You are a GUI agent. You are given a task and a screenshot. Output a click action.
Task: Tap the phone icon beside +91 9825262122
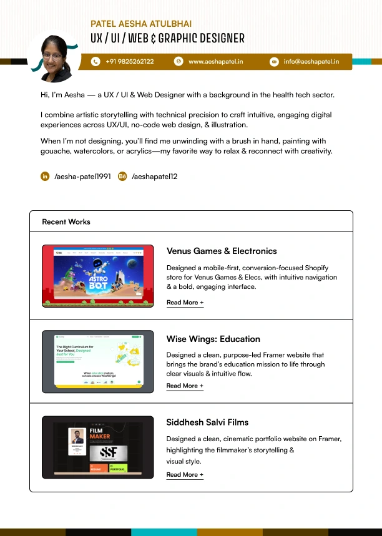tap(95, 62)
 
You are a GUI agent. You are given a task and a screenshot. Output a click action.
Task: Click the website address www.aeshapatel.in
tap(215, 62)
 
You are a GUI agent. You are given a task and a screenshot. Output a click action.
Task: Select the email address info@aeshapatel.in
tap(311, 62)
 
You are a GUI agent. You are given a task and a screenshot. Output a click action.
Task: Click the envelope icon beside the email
tap(274, 62)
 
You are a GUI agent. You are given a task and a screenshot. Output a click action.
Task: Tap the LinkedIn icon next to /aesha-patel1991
tap(45, 177)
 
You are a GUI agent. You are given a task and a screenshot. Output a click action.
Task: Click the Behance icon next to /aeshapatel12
tap(122, 177)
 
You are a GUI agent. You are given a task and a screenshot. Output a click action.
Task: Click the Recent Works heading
tap(66, 222)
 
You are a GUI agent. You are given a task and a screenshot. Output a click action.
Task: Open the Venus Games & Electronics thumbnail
tap(98, 276)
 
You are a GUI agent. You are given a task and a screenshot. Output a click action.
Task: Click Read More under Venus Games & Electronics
tap(185, 303)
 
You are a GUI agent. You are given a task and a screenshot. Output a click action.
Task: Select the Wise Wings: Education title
tap(213, 339)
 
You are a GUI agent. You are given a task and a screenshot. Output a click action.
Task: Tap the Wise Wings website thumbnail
tap(98, 362)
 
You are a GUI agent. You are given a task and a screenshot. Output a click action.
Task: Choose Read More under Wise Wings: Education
tap(185, 386)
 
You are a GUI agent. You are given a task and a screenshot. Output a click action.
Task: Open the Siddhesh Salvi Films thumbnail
tap(98, 447)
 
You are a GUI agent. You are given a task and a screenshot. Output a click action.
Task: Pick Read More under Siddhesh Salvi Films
tap(185, 475)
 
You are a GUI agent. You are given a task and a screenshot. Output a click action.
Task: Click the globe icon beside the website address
tap(178, 62)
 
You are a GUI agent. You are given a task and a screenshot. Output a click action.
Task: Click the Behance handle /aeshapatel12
tap(155, 177)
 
